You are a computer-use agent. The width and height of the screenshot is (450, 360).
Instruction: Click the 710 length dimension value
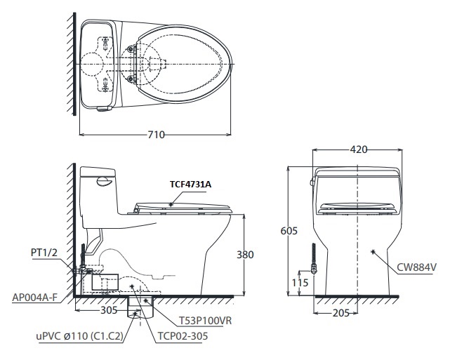[155, 135]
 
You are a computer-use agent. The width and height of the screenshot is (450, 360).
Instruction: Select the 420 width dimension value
[357, 149]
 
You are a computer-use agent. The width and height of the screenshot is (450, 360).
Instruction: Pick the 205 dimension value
[340, 314]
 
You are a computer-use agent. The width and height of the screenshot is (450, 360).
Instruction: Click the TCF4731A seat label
[190, 184]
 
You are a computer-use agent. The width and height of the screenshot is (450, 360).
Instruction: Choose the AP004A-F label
[34, 297]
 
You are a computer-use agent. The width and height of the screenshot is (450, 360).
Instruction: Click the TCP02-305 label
[181, 335]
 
